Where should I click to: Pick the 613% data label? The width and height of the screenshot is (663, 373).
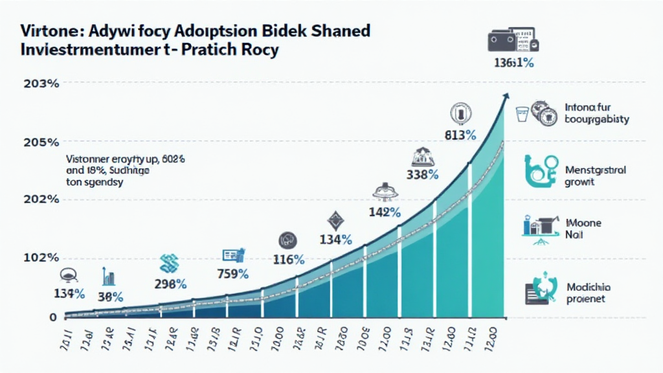[460, 135]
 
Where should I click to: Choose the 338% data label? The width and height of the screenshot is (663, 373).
[423, 175]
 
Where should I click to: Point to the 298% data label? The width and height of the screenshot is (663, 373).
[170, 283]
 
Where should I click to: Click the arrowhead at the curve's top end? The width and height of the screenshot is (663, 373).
[504, 96]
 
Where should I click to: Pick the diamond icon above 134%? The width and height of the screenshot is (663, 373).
[335, 221]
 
